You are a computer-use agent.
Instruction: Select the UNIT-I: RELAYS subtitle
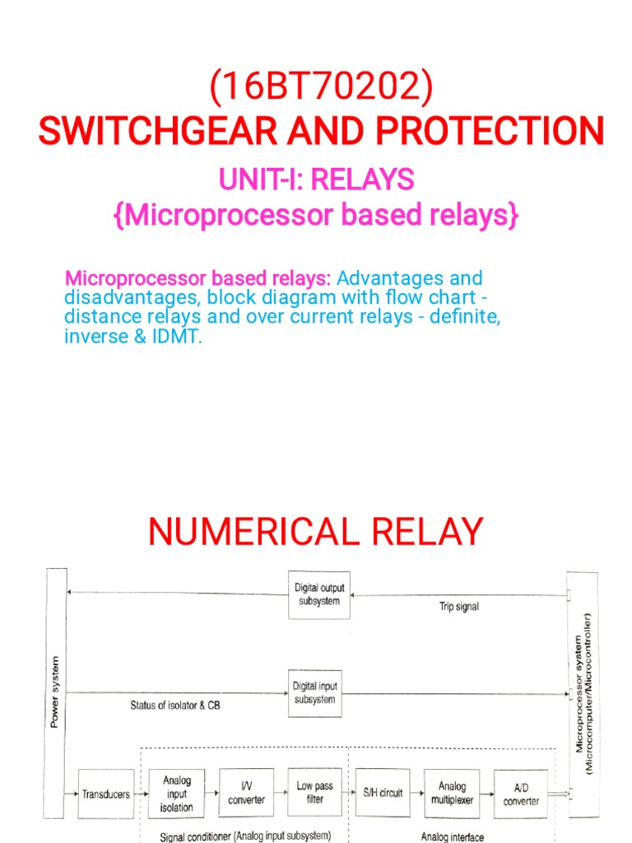pos(316,179)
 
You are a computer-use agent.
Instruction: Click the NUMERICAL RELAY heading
pos(316,532)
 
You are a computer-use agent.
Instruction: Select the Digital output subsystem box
pos(319,594)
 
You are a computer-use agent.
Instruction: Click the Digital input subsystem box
pos(314,692)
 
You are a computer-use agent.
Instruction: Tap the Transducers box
pos(105,794)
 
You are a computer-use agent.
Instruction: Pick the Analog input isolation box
pos(176,794)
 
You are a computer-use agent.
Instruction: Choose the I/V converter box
pos(246,794)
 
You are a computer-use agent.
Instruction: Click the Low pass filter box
pos(314,793)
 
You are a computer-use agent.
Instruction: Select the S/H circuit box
pos(383,794)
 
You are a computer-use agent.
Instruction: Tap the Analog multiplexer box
pos(452,794)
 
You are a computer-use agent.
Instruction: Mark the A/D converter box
pos(521,794)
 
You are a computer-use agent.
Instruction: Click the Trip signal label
pos(458,607)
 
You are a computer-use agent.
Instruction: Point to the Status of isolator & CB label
pos(175,706)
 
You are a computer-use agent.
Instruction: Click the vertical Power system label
pos(55,692)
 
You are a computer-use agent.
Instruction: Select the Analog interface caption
pos(453,837)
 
